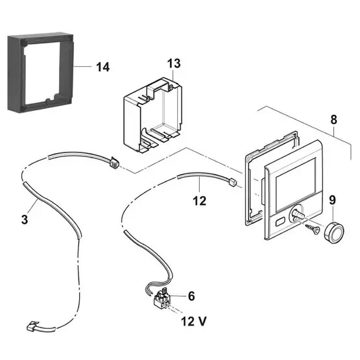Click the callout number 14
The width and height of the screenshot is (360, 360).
tap(102, 66)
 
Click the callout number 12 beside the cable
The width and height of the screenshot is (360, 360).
tap(199, 201)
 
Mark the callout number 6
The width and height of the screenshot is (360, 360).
tap(191, 296)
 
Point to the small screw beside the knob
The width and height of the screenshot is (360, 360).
tap(315, 228)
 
